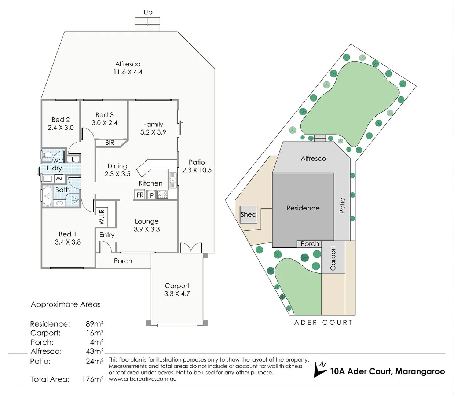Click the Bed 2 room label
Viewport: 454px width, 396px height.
[x=61, y=120]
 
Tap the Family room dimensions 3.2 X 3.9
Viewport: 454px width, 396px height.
[x=153, y=132]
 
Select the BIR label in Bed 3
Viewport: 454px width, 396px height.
[x=110, y=143]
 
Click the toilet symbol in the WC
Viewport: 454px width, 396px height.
[x=47, y=154]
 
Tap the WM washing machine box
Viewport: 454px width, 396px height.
[x=59, y=179]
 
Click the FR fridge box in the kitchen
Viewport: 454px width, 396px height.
[x=140, y=195]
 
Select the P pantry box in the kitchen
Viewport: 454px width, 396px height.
[x=152, y=195]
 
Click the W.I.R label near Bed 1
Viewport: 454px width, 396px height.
[x=102, y=217]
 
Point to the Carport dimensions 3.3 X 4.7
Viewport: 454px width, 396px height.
[x=177, y=294]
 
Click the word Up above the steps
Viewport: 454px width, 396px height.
[x=148, y=12]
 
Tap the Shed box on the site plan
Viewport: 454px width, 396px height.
[x=248, y=214]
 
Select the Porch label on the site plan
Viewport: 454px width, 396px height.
[x=310, y=244]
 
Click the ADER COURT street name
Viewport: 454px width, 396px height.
[x=323, y=323]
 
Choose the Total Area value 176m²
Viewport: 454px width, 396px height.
[x=93, y=379]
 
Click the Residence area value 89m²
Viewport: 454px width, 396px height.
[x=95, y=324]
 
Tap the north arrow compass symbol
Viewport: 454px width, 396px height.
[x=320, y=369]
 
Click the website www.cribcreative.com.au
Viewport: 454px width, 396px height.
[x=143, y=379]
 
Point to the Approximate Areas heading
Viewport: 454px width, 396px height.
[x=66, y=304]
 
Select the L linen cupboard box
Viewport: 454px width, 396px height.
[x=73, y=159]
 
